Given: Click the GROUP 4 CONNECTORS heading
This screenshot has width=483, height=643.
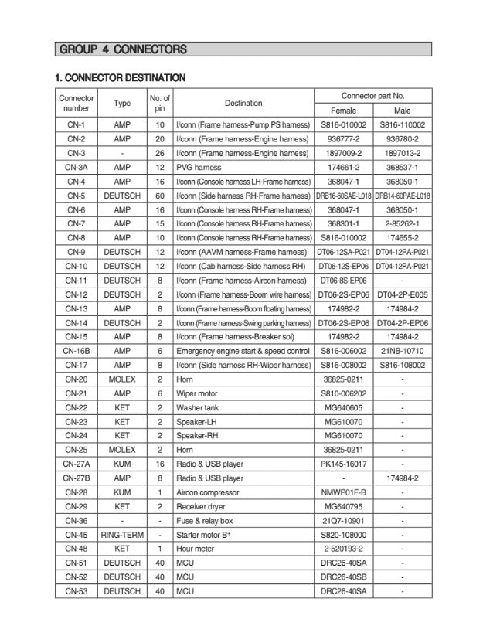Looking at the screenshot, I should pos(122,50).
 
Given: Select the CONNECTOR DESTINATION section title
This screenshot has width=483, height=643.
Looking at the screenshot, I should pos(120,78).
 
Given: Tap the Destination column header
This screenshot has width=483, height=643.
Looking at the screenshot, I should pos(243,103).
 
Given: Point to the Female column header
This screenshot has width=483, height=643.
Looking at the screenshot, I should pos(343,111).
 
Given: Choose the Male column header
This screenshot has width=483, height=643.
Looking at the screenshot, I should pos(402,111).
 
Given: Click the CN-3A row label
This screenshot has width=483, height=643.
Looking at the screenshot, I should pos(76,167).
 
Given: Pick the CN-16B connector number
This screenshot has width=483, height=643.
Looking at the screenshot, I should pos(76,350).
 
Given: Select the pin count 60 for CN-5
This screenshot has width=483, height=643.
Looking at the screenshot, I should pos(159,196).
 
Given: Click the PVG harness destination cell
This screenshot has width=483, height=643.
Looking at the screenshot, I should pos(199,167).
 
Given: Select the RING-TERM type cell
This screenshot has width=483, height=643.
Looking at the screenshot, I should pos(122,534).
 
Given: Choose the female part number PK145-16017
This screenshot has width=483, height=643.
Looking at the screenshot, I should pos(343,464).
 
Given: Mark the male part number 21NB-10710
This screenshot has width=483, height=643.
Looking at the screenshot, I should pos(402,350).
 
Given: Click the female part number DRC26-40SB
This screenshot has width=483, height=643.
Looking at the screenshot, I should pos(343,577).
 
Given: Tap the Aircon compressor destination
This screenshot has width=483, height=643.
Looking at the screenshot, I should pos(208,492).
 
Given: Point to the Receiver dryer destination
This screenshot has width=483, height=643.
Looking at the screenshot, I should pos(199,506).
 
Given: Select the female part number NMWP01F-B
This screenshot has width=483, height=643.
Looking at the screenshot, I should pos(343,492).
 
